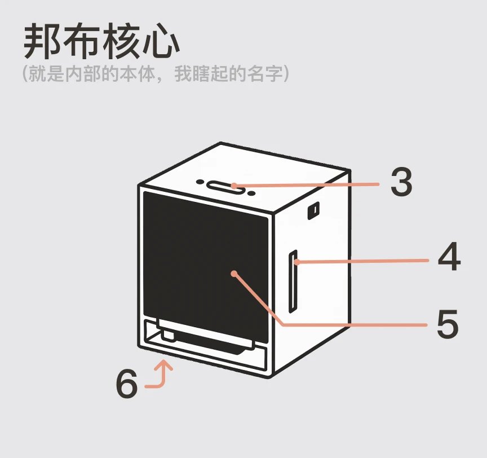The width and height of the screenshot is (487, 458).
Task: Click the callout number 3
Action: pyautogui.click(x=401, y=182)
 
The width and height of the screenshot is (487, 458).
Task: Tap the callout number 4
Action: pyautogui.click(x=449, y=256)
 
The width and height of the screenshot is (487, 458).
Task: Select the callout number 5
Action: pyautogui.click(x=448, y=324)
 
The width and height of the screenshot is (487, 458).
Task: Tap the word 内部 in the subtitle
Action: pyautogui.click(x=83, y=74)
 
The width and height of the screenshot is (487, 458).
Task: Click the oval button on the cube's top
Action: pyautogui.click(x=225, y=188)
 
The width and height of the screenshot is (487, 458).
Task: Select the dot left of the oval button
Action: pyautogui.click(x=200, y=182)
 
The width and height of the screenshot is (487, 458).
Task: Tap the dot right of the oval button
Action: pyautogui.click(x=251, y=193)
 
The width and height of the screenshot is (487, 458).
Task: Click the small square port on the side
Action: pyautogui.click(x=313, y=210)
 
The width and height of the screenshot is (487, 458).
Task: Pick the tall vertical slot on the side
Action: pyautogui.click(x=293, y=281)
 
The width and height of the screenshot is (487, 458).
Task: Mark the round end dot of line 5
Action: pyautogui.click(x=234, y=274)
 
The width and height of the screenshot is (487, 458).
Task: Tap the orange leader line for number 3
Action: pyautogui.click(x=306, y=185)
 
